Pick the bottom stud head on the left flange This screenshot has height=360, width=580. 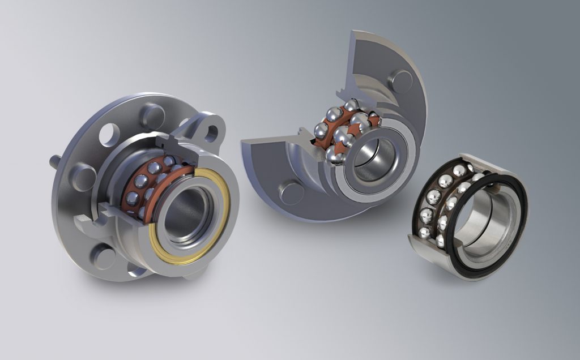click(105, 258)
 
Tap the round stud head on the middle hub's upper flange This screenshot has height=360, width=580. click(401, 80)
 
